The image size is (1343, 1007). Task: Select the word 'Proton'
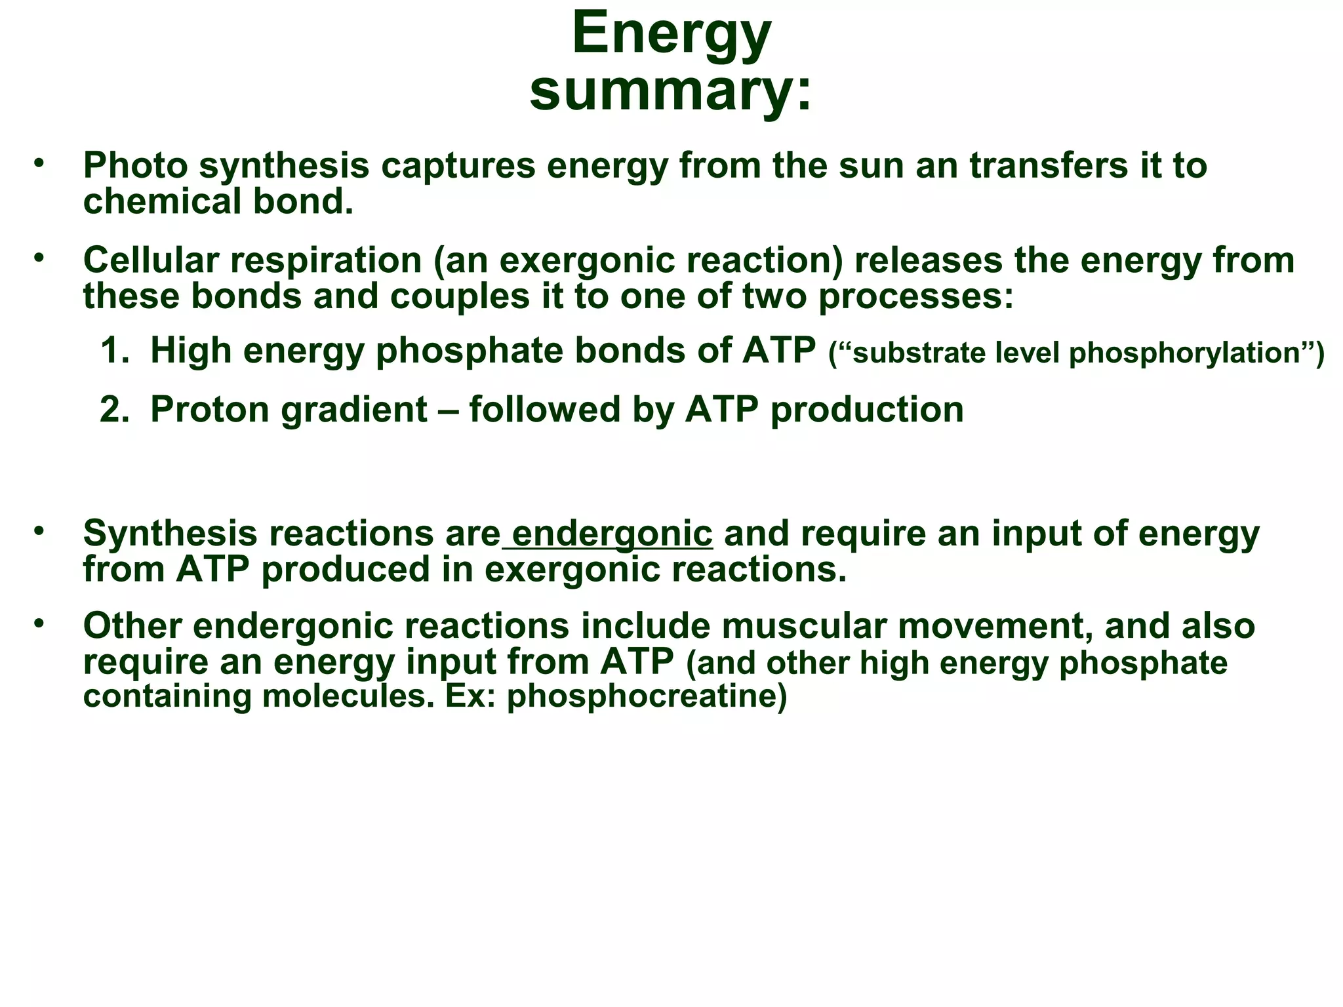point(209,410)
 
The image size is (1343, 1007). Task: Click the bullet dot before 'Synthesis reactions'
point(40,529)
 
